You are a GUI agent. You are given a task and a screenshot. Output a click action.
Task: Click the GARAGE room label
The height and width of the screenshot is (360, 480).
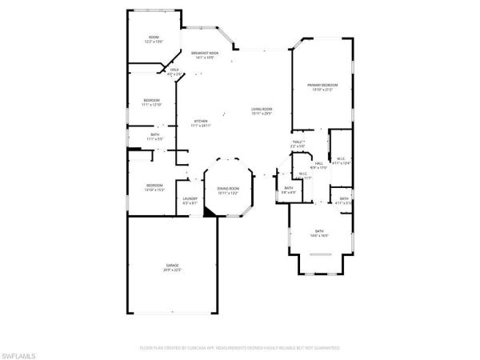pos(172,265)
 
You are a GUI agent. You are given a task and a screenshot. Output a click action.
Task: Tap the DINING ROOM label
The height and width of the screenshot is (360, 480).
pos(228,188)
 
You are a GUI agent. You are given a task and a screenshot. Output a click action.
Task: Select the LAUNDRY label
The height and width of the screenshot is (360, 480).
pos(190,198)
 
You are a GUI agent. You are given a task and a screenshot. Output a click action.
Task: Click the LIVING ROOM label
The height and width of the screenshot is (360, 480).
pos(262,109)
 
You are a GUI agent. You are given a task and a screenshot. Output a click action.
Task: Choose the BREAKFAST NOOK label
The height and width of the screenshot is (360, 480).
pos(205,53)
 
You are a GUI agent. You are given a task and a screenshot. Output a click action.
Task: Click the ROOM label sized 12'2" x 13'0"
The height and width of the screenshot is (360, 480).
pos(154,38)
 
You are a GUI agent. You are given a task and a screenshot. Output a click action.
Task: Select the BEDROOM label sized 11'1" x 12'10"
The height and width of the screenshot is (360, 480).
pos(152,100)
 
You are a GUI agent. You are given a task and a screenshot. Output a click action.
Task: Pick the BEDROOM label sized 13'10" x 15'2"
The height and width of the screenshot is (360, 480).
pos(154,186)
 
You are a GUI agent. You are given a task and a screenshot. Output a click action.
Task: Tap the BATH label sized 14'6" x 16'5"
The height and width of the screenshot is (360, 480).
pos(318,232)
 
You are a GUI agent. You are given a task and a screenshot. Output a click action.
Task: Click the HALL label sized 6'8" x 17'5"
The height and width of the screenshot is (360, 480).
pos(318,163)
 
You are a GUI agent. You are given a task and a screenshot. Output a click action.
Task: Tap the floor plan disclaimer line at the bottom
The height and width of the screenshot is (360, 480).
pos(239,349)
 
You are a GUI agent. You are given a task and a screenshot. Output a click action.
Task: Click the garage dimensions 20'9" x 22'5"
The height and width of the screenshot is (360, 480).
pos(172,270)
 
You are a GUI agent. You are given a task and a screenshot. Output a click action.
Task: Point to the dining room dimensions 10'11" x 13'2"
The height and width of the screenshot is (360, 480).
pos(228,193)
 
